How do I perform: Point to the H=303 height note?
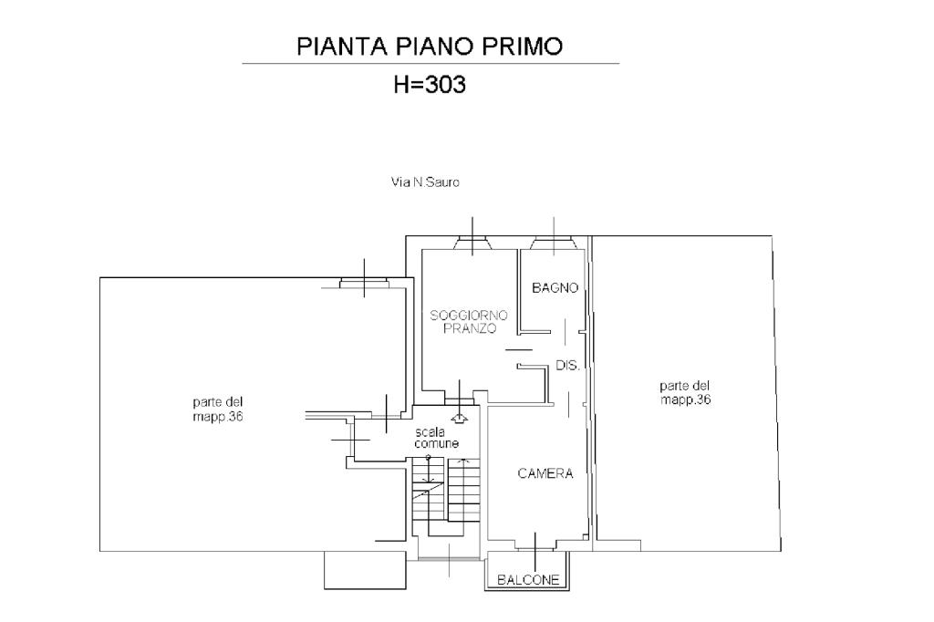coord(429,85)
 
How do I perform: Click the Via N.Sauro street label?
coord(425,182)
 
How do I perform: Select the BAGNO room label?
coord(555,288)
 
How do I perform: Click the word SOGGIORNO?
coord(469,316)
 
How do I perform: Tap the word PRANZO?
coord(470,328)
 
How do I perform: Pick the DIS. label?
coord(567,366)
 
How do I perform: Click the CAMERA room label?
coord(545,473)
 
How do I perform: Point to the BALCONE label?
coord(528,580)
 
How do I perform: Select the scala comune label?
coord(437,438)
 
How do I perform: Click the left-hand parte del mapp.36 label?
coord(217,409)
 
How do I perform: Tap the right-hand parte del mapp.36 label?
coord(685,392)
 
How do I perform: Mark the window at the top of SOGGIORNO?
coord(472,243)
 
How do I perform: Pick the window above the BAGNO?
coord(553,243)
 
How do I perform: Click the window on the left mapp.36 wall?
coord(364,282)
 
